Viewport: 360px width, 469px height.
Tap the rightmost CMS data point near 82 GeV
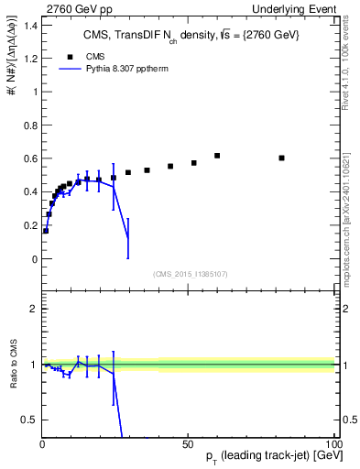(281, 158)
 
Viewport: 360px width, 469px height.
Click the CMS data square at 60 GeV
(217, 156)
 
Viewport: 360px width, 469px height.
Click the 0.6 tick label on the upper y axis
(29, 158)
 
